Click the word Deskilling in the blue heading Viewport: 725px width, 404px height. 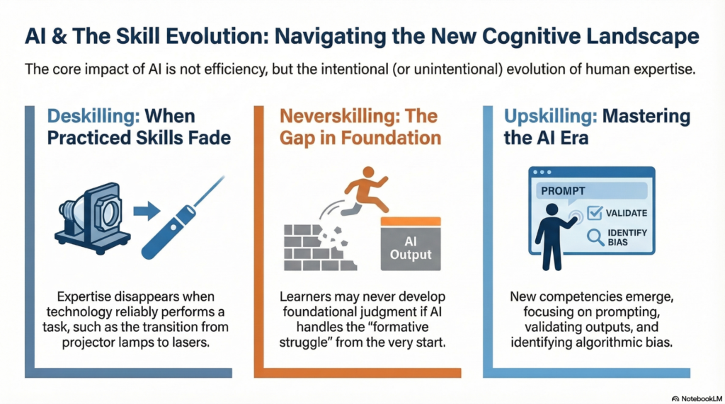tap(93, 116)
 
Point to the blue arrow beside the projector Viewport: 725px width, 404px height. tap(147, 212)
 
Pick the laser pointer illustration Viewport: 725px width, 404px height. tap(183, 218)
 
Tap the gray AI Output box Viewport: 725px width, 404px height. tap(411, 244)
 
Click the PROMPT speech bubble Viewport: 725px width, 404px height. tap(591, 191)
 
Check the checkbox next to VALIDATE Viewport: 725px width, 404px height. tap(595, 213)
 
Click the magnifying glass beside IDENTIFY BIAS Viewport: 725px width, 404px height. tap(595, 237)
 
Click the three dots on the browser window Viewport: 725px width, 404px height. tap(542, 173)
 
